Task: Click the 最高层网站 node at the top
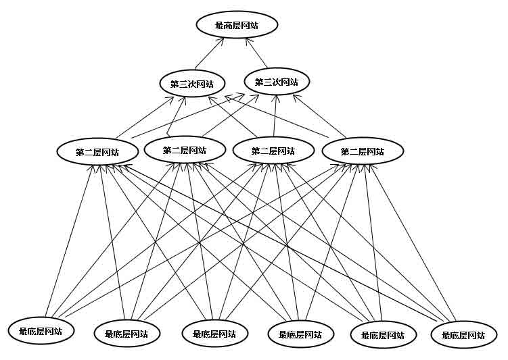point(236,26)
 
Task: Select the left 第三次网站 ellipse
point(192,84)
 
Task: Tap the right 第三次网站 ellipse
point(277,82)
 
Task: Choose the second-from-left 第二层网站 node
point(184,150)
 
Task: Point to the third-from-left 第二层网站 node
point(273,151)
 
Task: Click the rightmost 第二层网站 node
point(362,151)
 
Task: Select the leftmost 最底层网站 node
point(41,331)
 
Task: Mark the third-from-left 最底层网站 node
point(214,333)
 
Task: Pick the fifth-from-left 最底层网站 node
point(382,334)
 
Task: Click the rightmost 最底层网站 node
point(463,334)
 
